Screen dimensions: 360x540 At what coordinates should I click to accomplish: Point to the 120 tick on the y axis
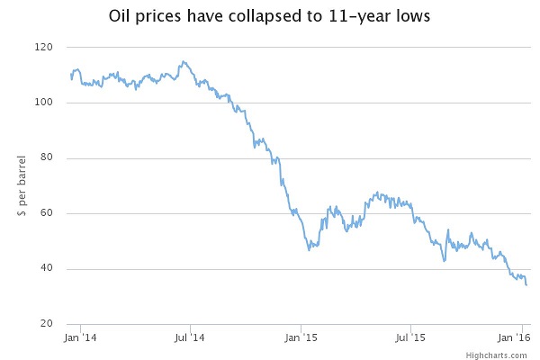(x=44, y=47)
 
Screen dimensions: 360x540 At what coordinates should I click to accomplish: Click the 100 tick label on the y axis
(x=44, y=103)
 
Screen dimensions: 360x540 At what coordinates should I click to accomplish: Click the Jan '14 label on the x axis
(x=79, y=338)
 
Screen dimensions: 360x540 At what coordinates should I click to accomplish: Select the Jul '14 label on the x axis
(x=190, y=338)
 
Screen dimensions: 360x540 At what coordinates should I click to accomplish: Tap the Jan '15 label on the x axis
(x=301, y=338)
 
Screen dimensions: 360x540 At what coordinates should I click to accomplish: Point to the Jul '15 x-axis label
(x=410, y=338)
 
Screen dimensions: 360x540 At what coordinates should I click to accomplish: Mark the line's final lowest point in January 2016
(x=526, y=285)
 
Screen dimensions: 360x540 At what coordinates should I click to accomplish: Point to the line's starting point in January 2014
(x=71, y=78)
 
